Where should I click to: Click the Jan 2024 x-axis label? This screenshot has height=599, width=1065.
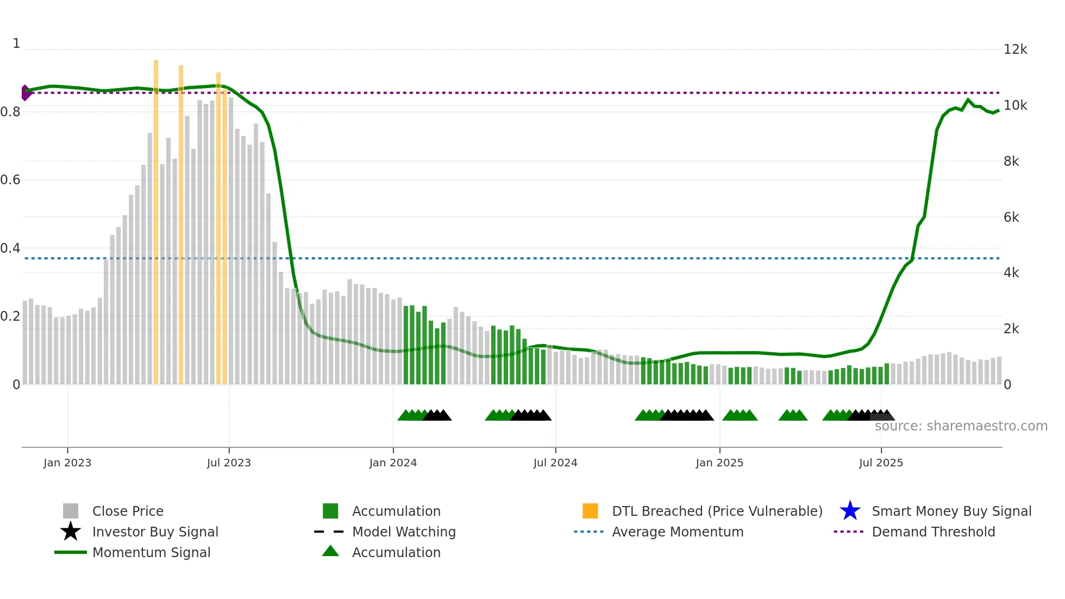[x=393, y=463]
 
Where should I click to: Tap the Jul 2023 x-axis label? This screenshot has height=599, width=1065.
[x=229, y=463]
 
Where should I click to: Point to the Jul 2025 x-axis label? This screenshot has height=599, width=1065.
[x=881, y=463]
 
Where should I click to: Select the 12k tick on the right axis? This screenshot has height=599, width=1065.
[x=1015, y=49]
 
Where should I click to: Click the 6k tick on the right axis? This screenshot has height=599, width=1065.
[x=1011, y=217]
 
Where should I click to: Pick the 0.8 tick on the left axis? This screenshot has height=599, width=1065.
[x=10, y=112]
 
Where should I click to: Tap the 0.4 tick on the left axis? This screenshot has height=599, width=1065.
[x=10, y=248]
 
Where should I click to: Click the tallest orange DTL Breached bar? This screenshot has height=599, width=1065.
[x=156, y=217]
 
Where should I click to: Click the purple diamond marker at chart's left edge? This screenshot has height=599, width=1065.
[x=25, y=93]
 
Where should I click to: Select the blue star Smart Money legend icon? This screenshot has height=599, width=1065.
[x=850, y=511]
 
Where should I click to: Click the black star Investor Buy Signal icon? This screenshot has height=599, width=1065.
[x=71, y=532]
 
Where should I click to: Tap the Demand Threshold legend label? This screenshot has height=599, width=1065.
[x=933, y=532]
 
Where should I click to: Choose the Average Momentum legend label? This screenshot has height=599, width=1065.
[x=677, y=532]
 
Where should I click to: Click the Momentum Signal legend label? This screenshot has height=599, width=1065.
[x=151, y=552]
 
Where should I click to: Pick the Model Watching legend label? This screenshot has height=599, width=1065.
[x=404, y=532]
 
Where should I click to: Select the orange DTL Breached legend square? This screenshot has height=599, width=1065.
[x=590, y=511]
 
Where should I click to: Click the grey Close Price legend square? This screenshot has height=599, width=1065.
[x=71, y=511]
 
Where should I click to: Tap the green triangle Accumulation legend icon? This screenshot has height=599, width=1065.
[x=330, y=551]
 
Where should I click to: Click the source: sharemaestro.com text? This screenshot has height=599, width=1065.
[x=961, y=426]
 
